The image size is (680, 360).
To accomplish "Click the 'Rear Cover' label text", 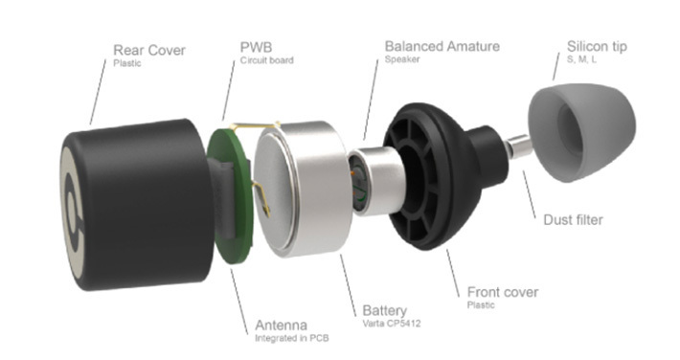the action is (149, 51).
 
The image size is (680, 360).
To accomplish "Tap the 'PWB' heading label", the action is (256, 47).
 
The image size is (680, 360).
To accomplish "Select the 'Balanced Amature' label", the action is (442, 46).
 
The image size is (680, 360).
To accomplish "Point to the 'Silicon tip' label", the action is (597, 46).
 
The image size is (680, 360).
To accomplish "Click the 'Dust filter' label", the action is (573, 220).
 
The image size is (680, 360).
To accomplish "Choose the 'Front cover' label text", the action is (503, 292).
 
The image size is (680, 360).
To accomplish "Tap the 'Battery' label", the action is (385, 310).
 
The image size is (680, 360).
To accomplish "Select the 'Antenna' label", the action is (281, 326).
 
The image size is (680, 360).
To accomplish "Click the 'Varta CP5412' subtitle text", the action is (392, 323).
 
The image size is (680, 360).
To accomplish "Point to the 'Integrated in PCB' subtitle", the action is (292, 338).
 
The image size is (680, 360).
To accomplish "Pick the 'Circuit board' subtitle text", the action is (266, 60).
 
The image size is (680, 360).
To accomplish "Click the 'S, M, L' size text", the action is (581, 59).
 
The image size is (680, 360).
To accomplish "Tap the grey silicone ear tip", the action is (581, 132).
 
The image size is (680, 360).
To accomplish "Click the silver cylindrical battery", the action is (304, 190).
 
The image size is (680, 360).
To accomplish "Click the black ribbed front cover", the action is (442, 175).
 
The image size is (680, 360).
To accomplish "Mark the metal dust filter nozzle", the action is (518, 146).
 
